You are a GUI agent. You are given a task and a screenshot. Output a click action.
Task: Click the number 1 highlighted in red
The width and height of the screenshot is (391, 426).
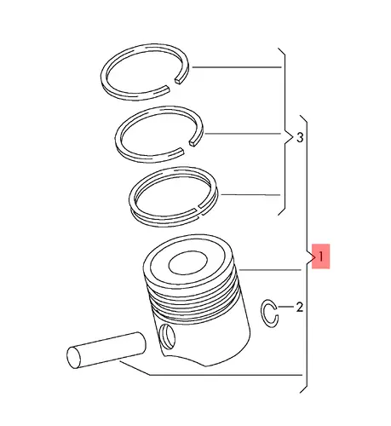point(320,256)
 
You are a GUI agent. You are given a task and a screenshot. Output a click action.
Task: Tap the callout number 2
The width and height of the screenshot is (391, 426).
point(299,307)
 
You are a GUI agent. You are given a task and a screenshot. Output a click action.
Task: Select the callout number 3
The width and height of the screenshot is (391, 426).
point(300,138)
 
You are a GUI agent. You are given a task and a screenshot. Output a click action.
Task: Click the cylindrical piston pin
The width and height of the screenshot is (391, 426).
point(106,350)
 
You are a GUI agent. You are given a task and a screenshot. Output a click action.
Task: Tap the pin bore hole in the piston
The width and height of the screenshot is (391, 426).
point(168,337)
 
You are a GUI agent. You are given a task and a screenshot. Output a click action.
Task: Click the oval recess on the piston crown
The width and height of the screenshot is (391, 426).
point(188,263)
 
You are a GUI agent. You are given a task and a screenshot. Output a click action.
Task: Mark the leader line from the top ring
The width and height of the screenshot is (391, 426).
point(237,67)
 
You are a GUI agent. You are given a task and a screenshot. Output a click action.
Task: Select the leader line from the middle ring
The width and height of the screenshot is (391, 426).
point(243,134)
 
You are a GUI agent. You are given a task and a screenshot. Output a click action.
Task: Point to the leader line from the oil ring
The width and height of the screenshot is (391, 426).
point(250,195)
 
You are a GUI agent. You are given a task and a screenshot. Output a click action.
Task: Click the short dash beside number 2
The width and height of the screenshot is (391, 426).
point(286,307)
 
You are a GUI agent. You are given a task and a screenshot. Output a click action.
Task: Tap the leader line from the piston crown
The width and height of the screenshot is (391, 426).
point(270,270)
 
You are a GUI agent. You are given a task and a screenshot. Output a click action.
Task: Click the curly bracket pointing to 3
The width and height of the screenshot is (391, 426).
point(285,131)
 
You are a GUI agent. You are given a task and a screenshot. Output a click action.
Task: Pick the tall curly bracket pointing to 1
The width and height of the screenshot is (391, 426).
point(307,254)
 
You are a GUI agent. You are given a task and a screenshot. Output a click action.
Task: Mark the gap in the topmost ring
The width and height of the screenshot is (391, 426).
point(173,84)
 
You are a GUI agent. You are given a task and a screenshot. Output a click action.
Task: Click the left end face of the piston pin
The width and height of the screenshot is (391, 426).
point(74,357)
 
